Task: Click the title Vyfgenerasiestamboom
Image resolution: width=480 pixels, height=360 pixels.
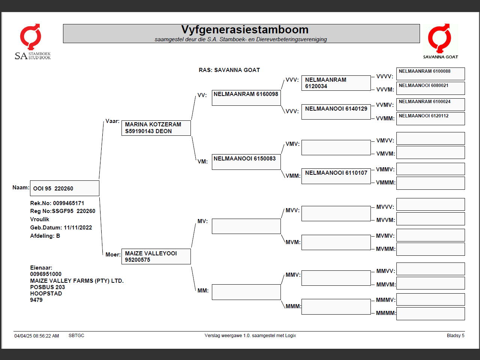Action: (244, 30)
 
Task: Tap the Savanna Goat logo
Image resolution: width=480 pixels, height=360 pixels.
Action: (440, 41)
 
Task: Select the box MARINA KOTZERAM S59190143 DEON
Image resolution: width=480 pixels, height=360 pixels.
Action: (156, 128)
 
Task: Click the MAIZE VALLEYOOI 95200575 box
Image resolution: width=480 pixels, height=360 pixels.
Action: (156, 256)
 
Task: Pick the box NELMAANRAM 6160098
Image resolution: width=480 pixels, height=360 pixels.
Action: (246, 97)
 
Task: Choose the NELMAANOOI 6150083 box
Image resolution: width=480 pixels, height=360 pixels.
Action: (246, 162)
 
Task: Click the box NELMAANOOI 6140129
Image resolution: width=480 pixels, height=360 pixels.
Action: (336, 112)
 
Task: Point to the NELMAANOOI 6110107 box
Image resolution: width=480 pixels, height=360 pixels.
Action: (336, 176)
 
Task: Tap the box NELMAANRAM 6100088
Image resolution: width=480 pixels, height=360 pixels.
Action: (430, 73)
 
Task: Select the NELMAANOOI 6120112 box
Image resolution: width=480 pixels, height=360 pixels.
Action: (430, 118)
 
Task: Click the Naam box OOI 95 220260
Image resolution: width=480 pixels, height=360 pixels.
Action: (64, 188)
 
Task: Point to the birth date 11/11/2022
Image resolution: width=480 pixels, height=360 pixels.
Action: (78, 228)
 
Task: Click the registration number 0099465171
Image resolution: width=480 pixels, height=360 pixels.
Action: (69, 203)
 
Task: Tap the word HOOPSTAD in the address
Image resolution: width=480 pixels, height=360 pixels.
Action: (46, 294)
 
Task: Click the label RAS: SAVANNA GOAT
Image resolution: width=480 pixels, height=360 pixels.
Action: (229, 70)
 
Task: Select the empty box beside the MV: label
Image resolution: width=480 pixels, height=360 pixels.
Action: (246, 226)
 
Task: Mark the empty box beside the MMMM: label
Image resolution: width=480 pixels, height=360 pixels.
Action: (430, 313)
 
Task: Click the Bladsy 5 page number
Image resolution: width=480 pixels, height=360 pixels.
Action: (455, 336)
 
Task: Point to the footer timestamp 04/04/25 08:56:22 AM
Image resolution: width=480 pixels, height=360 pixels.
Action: (37, 336)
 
